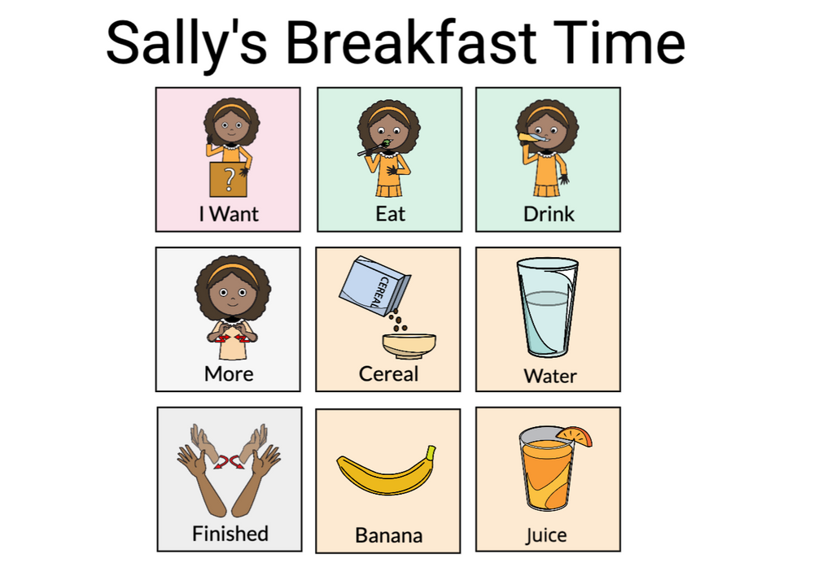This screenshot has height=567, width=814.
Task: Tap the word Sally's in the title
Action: coord(186,43)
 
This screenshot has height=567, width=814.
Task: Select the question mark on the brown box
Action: coord(229,179)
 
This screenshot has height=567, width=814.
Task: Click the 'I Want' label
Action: coord(229,214)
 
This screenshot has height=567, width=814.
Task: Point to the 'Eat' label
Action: coord(390,214)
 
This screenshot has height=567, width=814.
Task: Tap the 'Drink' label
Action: coord(548,214)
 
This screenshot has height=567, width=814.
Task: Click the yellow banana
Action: coord(387,473)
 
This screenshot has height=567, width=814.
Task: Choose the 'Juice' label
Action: coord(546,535)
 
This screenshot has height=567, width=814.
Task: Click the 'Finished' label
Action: coord(230,534)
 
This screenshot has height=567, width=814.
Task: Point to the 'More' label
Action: coord(229,373)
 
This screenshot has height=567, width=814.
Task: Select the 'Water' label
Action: coord(549,376)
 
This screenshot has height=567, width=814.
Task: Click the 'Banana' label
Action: coord(388,535)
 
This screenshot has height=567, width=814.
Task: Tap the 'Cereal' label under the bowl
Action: coord(388,373)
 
